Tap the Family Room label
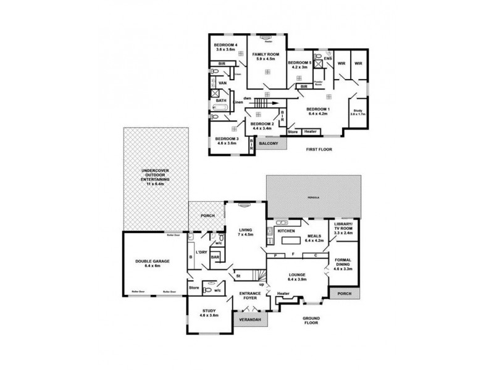pyautogui.click(x=266, y=58)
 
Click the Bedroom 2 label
pyautogui.click(x=262, y=126)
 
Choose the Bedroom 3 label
pyautogui.click(x=227, y=141)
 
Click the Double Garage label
pyautogui.click(x=152, y=263)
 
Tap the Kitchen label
pyautogui.click(x=287, y=231)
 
